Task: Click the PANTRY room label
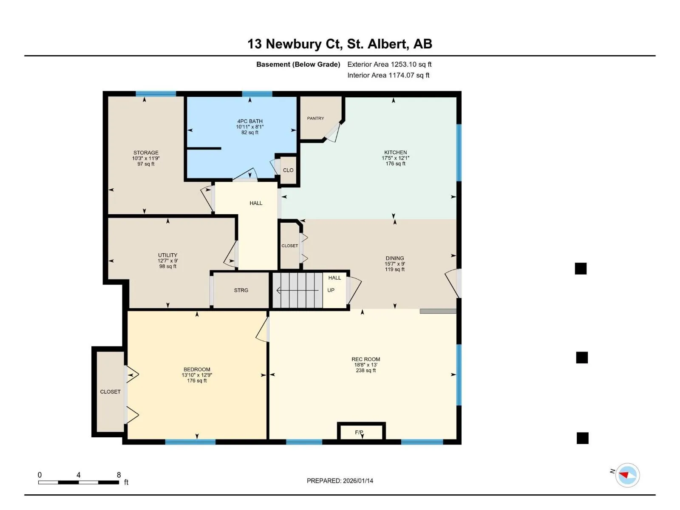[315, 118]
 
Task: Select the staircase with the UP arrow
[298, 290]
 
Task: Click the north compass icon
[627, 475]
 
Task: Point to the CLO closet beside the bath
[288, 170]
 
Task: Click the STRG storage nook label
[241, 290]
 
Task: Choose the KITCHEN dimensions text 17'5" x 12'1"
[395, 158]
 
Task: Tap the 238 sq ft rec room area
[366, 370]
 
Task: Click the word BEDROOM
[197, 369]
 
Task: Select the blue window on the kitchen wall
[459, 153]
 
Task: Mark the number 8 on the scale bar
[119, 475]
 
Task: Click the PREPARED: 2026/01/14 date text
[340, 481]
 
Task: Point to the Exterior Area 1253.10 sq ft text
[389, 65]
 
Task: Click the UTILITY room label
[167, 255]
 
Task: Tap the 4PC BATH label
[250, 122]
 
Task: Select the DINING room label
[395, 258]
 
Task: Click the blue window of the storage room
[156, 94]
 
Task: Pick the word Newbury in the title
[293, 44]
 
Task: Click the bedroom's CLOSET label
[110, 392]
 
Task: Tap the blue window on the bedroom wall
[190, 442]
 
